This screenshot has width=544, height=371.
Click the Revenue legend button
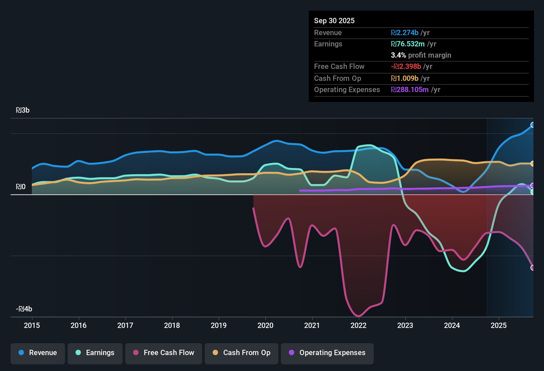click(38, 353)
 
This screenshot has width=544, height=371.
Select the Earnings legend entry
click(95, 353)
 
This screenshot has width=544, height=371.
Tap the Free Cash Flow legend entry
click(164, 353)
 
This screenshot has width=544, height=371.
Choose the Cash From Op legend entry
click(242, 353)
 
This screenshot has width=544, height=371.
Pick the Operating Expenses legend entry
click(327, 353)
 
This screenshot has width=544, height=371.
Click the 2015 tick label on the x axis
click(32, 326)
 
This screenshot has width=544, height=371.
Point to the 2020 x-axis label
click(265, 326)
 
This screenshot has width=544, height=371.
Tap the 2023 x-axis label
click(405, 326)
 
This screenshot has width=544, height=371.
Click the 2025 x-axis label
click(499, 326)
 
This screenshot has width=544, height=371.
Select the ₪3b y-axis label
click(23, 110)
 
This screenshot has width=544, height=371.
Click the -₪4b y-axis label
click(24, 309)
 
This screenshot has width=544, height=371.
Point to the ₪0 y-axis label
click(21, 187)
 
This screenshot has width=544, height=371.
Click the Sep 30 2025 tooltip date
click(334, 21)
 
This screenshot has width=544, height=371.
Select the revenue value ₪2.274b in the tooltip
click(405, 33)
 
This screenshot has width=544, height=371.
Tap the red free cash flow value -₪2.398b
click(406, 67)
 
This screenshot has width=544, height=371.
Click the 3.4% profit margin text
click(421, 55)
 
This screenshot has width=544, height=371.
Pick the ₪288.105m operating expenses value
click(410, 90)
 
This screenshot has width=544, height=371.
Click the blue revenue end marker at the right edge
click(532, 125)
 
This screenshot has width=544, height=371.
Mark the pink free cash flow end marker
click(532, 268)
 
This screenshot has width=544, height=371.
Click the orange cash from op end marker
click(532, 164)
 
